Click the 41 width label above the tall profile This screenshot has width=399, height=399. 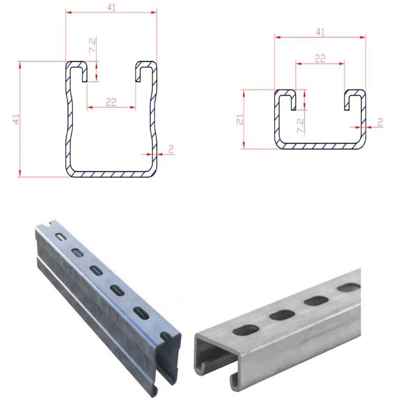point(111,7)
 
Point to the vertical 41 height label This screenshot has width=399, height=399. point(16,119)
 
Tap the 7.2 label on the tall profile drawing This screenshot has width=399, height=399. point(93,45)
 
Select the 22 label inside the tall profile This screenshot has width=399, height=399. point(111,102)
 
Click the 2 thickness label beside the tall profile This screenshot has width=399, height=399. point(171,149)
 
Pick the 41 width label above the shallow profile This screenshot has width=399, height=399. point(320,32)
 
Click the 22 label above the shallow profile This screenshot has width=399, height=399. point(320,59)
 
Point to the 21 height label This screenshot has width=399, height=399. point(240,119)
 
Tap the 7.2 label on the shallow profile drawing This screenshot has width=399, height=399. point(300,125)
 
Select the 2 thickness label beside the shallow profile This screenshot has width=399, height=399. point(380,122)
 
